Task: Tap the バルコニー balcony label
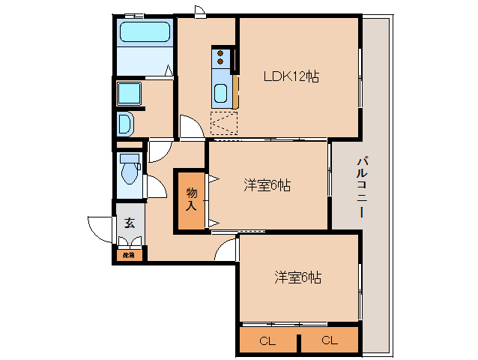click(x=361, y=187)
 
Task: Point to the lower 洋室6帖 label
click(x=297, y=277)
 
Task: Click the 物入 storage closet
click(x=191, y=199)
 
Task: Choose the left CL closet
click(x=268, y=340)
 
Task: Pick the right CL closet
click(x=329, y=340)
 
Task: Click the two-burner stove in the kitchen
click(x=221, y=57)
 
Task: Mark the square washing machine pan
click(x=130, y=93)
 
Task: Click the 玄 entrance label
click(x=130, y=223)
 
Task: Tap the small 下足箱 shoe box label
click(x=129, y=255)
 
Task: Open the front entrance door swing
click(x=100, y=226)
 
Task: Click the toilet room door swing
click(x=154, y=186)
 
